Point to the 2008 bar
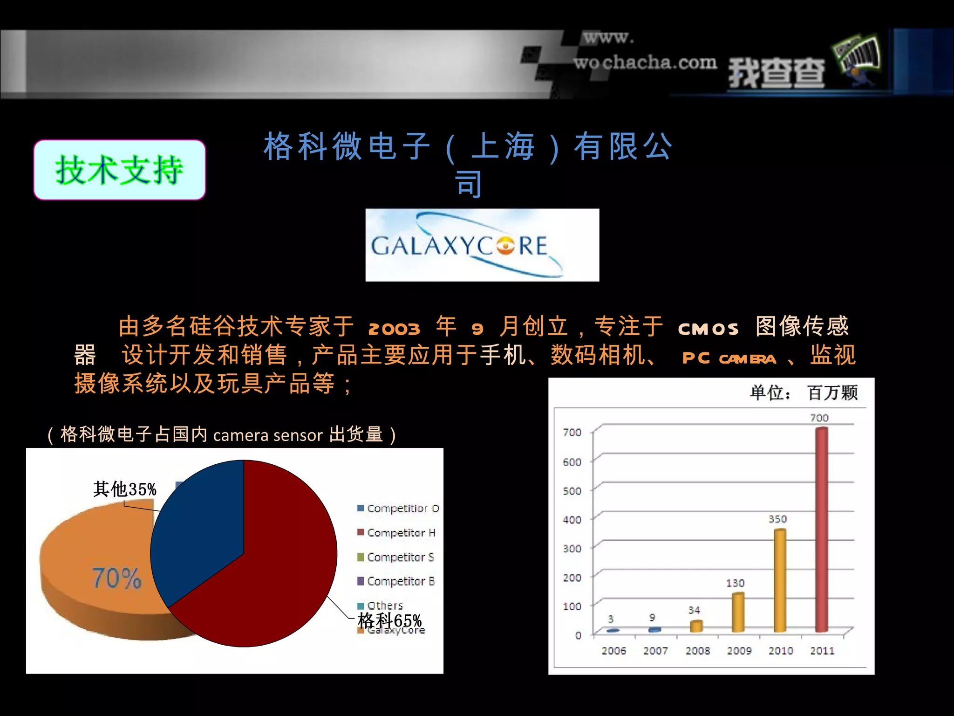[696, 626]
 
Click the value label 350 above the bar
[777, 519]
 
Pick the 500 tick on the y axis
[572, 491]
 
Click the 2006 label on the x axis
[613, 651]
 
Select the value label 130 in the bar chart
[735, 583]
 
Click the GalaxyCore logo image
[482, 245]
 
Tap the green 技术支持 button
[120, 170]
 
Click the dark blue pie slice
[200, 527]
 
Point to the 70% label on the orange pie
[116, 578]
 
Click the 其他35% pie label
[125, 489]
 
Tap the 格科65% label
[389, 620]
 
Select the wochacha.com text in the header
[645, 62]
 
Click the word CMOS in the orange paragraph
[708, 329]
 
